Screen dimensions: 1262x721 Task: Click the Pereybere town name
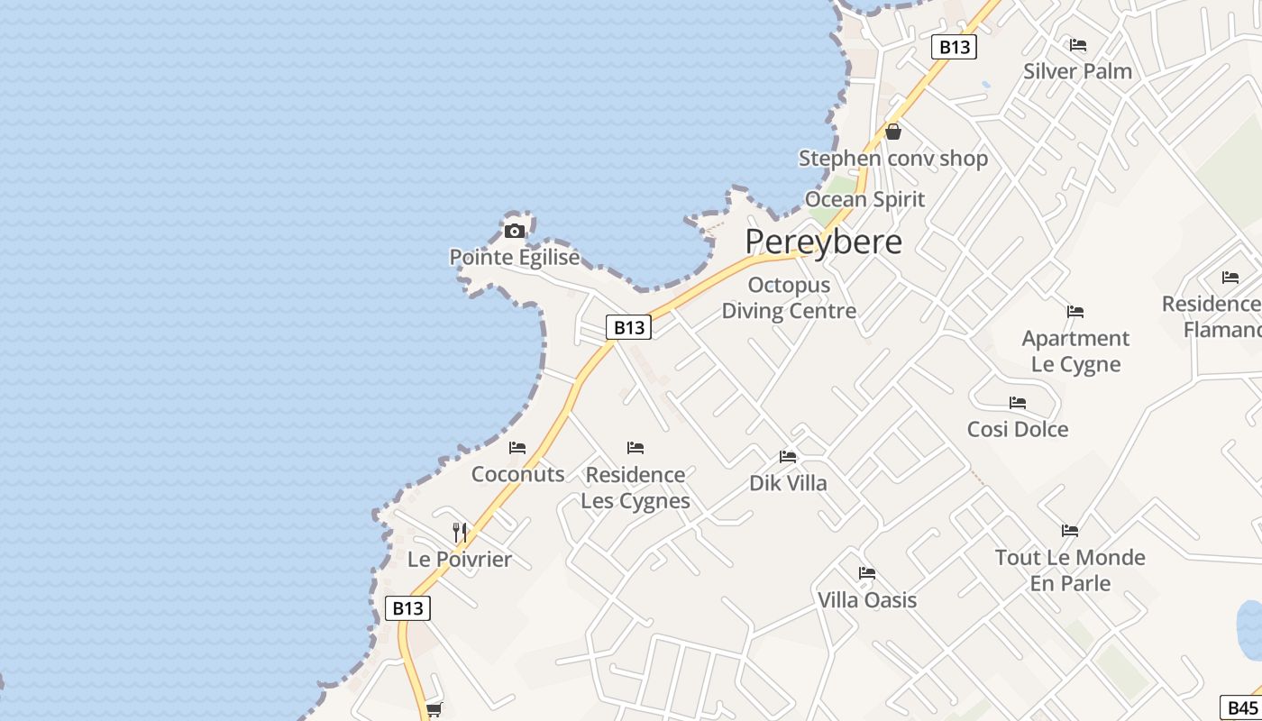823,242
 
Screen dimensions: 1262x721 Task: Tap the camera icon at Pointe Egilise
515,231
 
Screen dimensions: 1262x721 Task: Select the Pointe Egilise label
515,258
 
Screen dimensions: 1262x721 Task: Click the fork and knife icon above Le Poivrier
460,532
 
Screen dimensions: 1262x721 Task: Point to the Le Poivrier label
460,559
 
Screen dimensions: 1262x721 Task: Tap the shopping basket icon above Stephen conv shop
893,132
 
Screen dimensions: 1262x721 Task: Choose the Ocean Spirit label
865,199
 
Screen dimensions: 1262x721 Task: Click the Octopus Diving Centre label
789,298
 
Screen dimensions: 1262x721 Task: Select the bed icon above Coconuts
517,447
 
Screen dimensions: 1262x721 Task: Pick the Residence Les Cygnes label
636,488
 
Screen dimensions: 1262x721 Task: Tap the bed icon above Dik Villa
788,456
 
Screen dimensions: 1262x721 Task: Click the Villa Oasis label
867,600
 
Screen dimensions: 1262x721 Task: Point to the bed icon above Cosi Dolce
1018,402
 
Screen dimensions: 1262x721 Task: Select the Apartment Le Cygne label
1075,351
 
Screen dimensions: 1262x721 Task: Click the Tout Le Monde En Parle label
1070,570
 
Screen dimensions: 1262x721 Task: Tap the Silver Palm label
1077,71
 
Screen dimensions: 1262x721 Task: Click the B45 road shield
1242,707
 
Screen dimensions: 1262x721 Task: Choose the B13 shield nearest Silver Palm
954,47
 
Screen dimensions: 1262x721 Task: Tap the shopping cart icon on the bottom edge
434,709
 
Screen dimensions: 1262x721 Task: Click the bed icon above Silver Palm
1077,44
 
